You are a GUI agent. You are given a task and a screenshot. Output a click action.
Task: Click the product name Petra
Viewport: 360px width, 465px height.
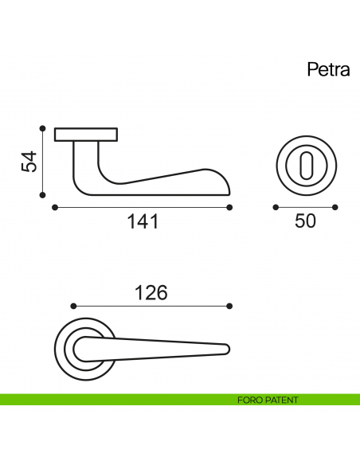pyautogui.click(x=329, y=70)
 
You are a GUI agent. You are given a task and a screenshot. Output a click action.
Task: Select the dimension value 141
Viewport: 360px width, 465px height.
pyautogui.click(x=143, y=222)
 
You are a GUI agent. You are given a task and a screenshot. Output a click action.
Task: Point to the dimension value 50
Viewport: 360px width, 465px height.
pyautogui.click(x=305, y=221)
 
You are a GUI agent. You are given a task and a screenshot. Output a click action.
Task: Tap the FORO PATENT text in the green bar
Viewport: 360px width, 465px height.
pyautogui.click(x=268, y=400)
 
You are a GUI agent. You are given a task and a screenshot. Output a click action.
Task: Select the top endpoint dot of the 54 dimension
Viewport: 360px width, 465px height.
pyautogui.click(x=41, y=127)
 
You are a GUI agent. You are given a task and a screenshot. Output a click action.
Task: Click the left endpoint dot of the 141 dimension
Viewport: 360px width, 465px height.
pyautogui.click(x=54, y=208)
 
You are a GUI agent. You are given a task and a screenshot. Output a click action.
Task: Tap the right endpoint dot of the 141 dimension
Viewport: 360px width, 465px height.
pyautogui.click(x=229, y=208)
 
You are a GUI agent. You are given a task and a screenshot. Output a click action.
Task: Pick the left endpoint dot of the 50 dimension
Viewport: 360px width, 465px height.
pyautogui.click(x=276, y=208)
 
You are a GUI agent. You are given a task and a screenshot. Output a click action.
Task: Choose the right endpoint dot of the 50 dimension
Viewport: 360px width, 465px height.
pyautogui.click(x=335, y=208)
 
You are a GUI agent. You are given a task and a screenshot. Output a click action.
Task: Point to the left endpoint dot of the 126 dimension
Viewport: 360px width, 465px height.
pyautogui.click(x=72, y=306)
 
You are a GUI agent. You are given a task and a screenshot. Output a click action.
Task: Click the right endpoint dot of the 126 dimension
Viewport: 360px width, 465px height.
pyautogui.click(x=229, y=306)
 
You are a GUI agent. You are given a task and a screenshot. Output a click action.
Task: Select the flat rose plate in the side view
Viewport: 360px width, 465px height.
pyautogui.click(x=86, y=135)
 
